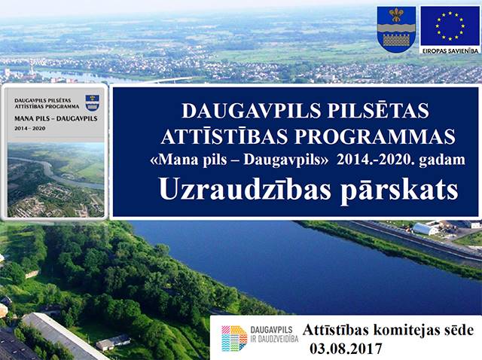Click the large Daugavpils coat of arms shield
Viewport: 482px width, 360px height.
[x=396, y=29]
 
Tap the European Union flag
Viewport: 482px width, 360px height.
[x=450, y=26]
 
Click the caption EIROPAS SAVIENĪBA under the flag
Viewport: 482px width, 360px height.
[x=450, y=50]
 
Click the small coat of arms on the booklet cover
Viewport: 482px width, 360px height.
[x=92, y=102]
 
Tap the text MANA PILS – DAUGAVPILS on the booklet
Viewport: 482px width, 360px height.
[x=56, y=118]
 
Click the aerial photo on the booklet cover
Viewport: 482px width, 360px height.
[x=56, y=180]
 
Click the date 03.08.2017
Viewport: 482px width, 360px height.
[x=346, y=349]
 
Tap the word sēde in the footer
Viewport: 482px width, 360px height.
[x=460, y=330]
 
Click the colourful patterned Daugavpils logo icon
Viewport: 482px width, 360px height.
[x=234, y=338]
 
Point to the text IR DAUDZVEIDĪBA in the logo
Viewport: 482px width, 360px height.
[x=274, y=339]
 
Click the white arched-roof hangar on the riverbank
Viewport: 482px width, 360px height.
[x=425, y=229]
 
